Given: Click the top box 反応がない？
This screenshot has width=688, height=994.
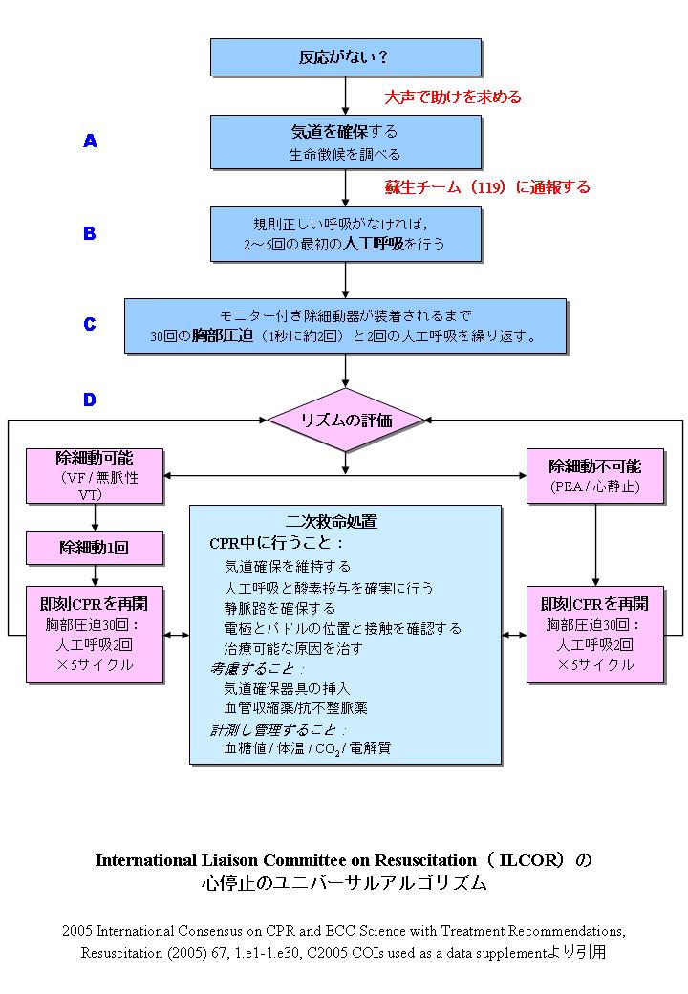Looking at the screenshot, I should pos(345,57).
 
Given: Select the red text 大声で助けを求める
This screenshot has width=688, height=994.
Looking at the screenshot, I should pos(452,97).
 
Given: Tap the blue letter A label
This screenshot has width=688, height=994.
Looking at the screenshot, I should pos(90,141).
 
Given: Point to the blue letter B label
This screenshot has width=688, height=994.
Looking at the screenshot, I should pos(89,233).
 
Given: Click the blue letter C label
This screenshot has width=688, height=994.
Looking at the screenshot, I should pos(89,324).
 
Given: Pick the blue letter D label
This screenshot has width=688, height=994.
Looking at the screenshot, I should pos(89,400).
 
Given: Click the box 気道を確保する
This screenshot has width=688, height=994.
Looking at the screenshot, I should pos(345,141).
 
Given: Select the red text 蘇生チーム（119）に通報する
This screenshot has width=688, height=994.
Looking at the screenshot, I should pos(486,186).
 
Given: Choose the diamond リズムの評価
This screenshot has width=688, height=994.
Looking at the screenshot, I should pos(345,420).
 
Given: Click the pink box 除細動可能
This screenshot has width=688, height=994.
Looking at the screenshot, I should pos(95,475).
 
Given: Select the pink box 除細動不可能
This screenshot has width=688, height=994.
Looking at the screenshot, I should pos(594,475).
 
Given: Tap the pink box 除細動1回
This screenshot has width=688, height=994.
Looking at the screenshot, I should pos(95,548).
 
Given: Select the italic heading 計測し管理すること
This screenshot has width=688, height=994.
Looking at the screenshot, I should pos(279,729).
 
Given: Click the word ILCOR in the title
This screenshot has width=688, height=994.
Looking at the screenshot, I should pos(524,859).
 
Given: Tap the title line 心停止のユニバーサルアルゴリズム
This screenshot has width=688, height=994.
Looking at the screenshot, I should pos(343,883).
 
